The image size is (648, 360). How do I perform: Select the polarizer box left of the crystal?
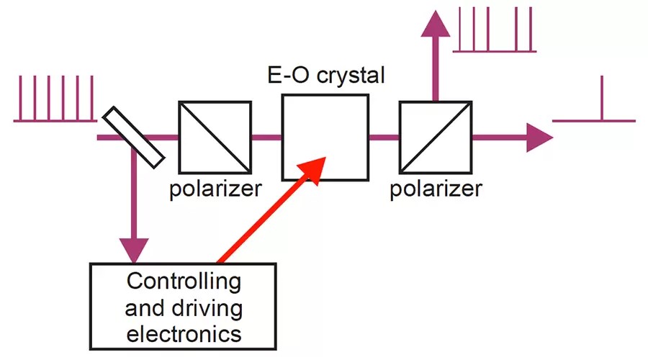pos(215,137)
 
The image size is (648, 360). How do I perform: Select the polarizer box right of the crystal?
pos(434,137)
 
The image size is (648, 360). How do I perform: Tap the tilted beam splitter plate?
pos(133,135)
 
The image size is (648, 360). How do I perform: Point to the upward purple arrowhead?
pos(433,25)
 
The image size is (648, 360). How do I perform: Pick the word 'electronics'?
pos(183,333)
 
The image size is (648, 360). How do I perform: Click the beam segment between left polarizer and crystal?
pos(266,137)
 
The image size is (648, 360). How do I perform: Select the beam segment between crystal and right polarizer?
pos(384,137)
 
